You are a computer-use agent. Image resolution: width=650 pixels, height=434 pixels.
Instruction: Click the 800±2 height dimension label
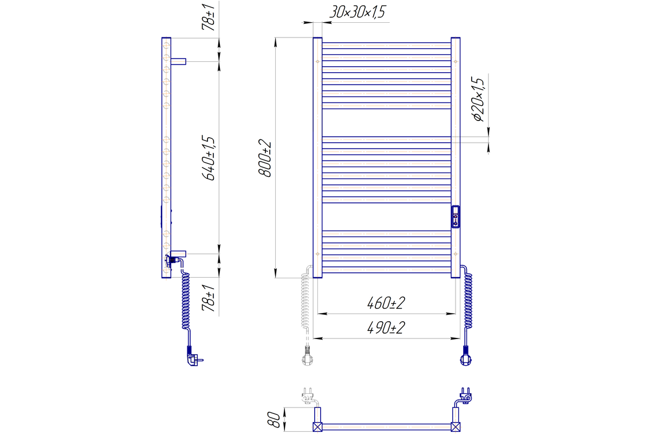click(x=265, y=158)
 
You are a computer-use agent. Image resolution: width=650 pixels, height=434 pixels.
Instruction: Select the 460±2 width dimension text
click(x=386, y=303)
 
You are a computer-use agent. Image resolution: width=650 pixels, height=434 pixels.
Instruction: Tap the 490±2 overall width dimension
click(x=386, y=328)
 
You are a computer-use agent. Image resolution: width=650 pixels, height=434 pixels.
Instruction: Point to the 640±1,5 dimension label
click(x=209, y=158)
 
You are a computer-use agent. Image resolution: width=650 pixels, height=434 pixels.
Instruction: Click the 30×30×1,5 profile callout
click(x=357, y=12)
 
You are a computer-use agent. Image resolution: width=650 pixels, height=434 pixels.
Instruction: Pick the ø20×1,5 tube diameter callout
click(x=478, y=99)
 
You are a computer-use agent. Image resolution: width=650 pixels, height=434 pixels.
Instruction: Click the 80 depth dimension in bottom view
click(x=274, y=419)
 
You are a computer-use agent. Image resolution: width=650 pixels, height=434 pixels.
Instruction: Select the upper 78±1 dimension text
click(x=209, y=17)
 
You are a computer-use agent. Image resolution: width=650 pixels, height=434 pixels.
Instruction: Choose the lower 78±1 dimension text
click(x=209, y=298)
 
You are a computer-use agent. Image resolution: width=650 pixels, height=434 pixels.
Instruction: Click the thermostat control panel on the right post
click(x=456, y=216)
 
